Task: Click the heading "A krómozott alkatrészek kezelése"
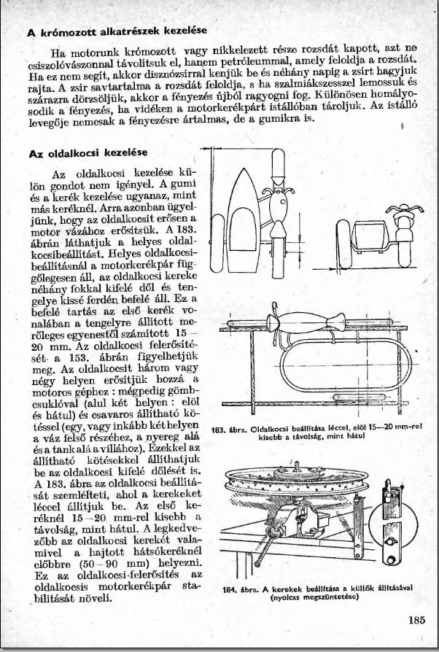pyautogui.click(x=117, y=31)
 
